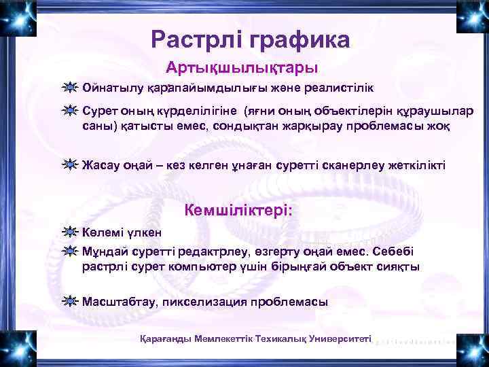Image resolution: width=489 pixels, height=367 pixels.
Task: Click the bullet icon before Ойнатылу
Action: (x=69, y=88)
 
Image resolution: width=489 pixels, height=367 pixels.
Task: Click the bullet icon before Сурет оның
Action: (x=69, y=111)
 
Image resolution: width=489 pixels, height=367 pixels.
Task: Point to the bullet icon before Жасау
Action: (x=69, y=164)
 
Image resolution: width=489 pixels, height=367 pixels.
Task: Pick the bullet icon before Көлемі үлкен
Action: (x=69, y=232)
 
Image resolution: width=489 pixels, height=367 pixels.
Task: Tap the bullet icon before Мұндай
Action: (x=69, y=251)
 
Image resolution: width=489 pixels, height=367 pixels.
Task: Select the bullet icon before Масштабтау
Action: (x=69, y=302)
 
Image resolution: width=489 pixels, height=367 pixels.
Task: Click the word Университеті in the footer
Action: (x=338, y=338)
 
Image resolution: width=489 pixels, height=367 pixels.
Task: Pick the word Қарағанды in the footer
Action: (x=165, y=338)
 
